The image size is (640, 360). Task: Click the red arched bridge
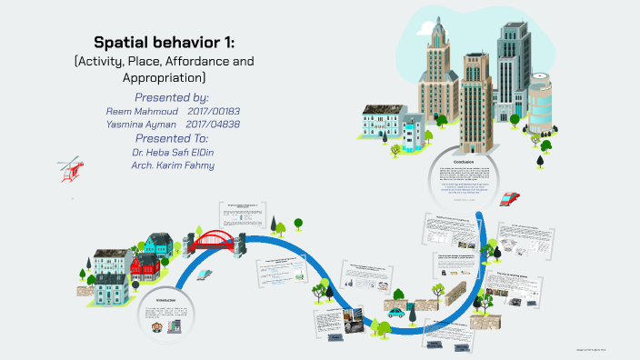point(216,241)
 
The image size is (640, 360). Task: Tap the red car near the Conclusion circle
point(510,198)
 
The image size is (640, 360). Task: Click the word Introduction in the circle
point(166,300)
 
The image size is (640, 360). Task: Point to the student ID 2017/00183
point(213,110)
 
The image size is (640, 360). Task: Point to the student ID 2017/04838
point(213,124)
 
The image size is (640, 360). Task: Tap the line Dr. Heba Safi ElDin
point(172,152)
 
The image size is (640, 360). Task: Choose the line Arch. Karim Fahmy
point(172,165)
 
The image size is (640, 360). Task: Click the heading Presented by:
point(172,96)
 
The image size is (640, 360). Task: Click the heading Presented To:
point(172,138)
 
